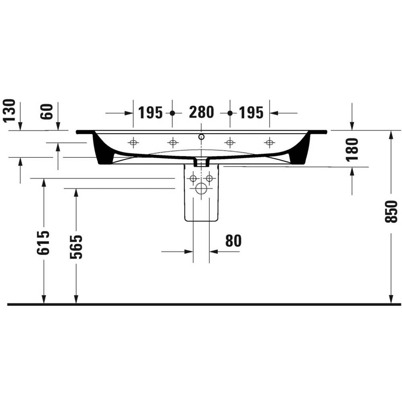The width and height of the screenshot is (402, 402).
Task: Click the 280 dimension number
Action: [x=201, y=112]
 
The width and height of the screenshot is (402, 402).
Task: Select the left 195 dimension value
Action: [x=150, y=112]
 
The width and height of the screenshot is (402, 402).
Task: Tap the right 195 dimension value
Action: [x=251, y=112]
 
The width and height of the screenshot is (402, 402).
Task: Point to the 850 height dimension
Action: [x=391, y=211]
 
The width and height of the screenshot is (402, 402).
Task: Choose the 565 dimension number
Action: [x=76, y=247]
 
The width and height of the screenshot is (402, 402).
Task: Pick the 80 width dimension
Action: [x=233, y=241]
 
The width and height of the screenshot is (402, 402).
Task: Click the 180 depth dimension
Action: [x=352, y=149]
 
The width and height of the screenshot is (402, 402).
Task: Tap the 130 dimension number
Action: [x=9, y=110]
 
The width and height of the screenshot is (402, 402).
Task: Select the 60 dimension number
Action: [x=47, y=112]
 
